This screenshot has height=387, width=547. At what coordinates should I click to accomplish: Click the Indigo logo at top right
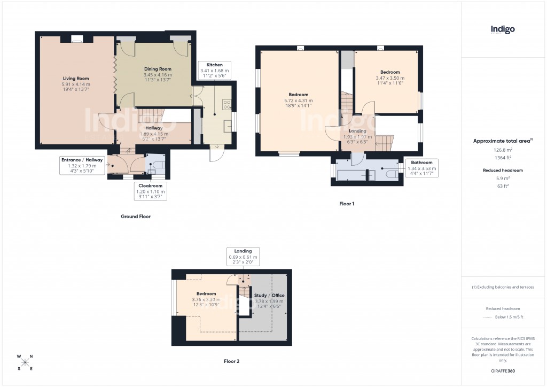[x=503, y=30]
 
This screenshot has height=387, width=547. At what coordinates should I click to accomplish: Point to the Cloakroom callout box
[x=150, y=191]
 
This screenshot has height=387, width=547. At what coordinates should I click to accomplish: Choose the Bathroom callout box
[x=421, y=168]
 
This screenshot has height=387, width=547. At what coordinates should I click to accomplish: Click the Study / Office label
[x=270, y=295]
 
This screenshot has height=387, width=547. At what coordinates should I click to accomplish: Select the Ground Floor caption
[x=135, y=217]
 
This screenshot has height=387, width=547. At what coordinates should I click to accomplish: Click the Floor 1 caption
[x=347, y=204]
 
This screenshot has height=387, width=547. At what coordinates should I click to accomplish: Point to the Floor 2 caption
[x=231, y=361]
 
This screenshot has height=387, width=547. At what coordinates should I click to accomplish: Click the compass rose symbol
[x=25, y=362]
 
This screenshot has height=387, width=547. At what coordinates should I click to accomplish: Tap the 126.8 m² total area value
[x=503, y=150]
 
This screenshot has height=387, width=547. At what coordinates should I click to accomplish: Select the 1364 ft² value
[x=503, y=158]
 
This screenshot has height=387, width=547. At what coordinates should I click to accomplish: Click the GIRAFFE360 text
[x=503, y=371]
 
